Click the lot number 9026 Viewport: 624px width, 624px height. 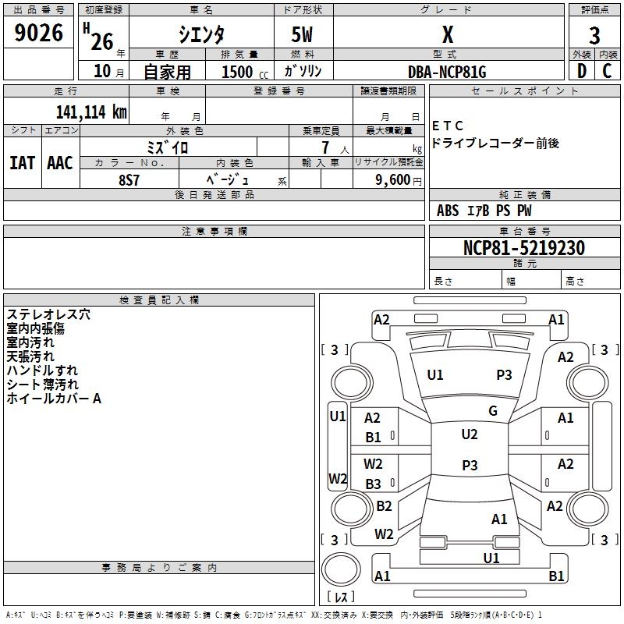coord(39,33)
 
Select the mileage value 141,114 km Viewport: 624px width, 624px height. coord(91,112)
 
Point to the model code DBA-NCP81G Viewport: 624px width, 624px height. coord(447,72)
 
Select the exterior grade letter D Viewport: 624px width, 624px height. coord(581,72)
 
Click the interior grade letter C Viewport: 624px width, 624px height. coord(607,72)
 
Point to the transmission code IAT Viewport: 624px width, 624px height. coord(22,163)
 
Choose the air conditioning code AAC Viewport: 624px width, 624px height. coord(59,163)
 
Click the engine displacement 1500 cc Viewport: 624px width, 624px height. coord(237,72)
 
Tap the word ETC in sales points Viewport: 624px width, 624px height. coord(448,126)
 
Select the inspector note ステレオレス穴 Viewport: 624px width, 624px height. coord(48,314)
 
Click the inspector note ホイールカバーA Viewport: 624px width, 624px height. coord(54,399)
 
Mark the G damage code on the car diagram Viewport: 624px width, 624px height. coord(493,411)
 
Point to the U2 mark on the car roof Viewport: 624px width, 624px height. coord(470,434)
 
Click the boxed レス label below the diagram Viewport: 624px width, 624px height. coord(340,597)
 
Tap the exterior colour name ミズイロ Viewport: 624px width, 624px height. coord(168,147)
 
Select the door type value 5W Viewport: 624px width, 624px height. coord(303,35)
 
